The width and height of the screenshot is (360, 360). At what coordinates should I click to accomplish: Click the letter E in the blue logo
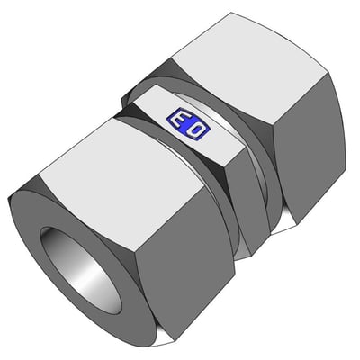point(179,120)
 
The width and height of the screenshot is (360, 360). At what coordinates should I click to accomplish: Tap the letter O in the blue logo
point(197,130)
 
